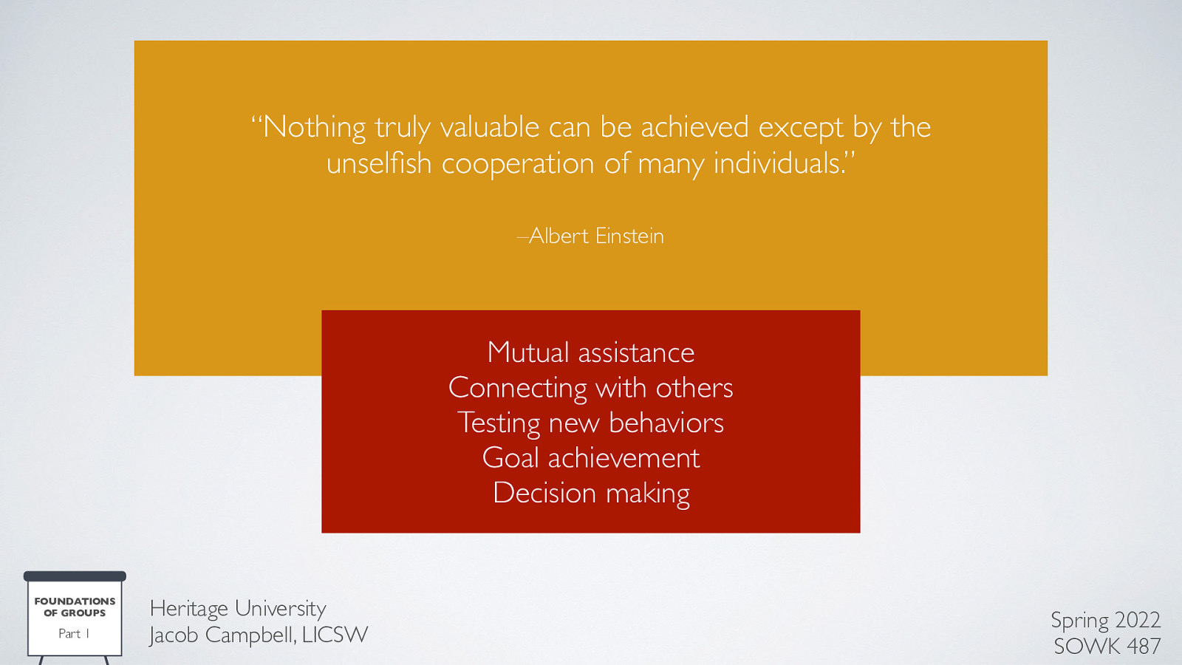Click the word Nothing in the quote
(315, 128)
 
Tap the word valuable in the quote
(490, 128)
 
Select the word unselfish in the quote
(379, 163)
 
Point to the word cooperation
(517, 163)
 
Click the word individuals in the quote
(777, 163)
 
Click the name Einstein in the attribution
(629, 236)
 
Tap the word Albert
(558, 236)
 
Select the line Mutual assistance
(591, 352)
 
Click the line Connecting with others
(591, 388)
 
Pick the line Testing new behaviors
(591, 423)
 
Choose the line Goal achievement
(591, 458)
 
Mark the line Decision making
(591, 493)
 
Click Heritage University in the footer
(238, 608)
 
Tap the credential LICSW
(335, 635)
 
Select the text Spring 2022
(1105, 620)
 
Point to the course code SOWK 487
(1107, 647)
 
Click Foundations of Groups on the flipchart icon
(75, 607)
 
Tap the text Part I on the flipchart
(74, 633)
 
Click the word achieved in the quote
(694, 128)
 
